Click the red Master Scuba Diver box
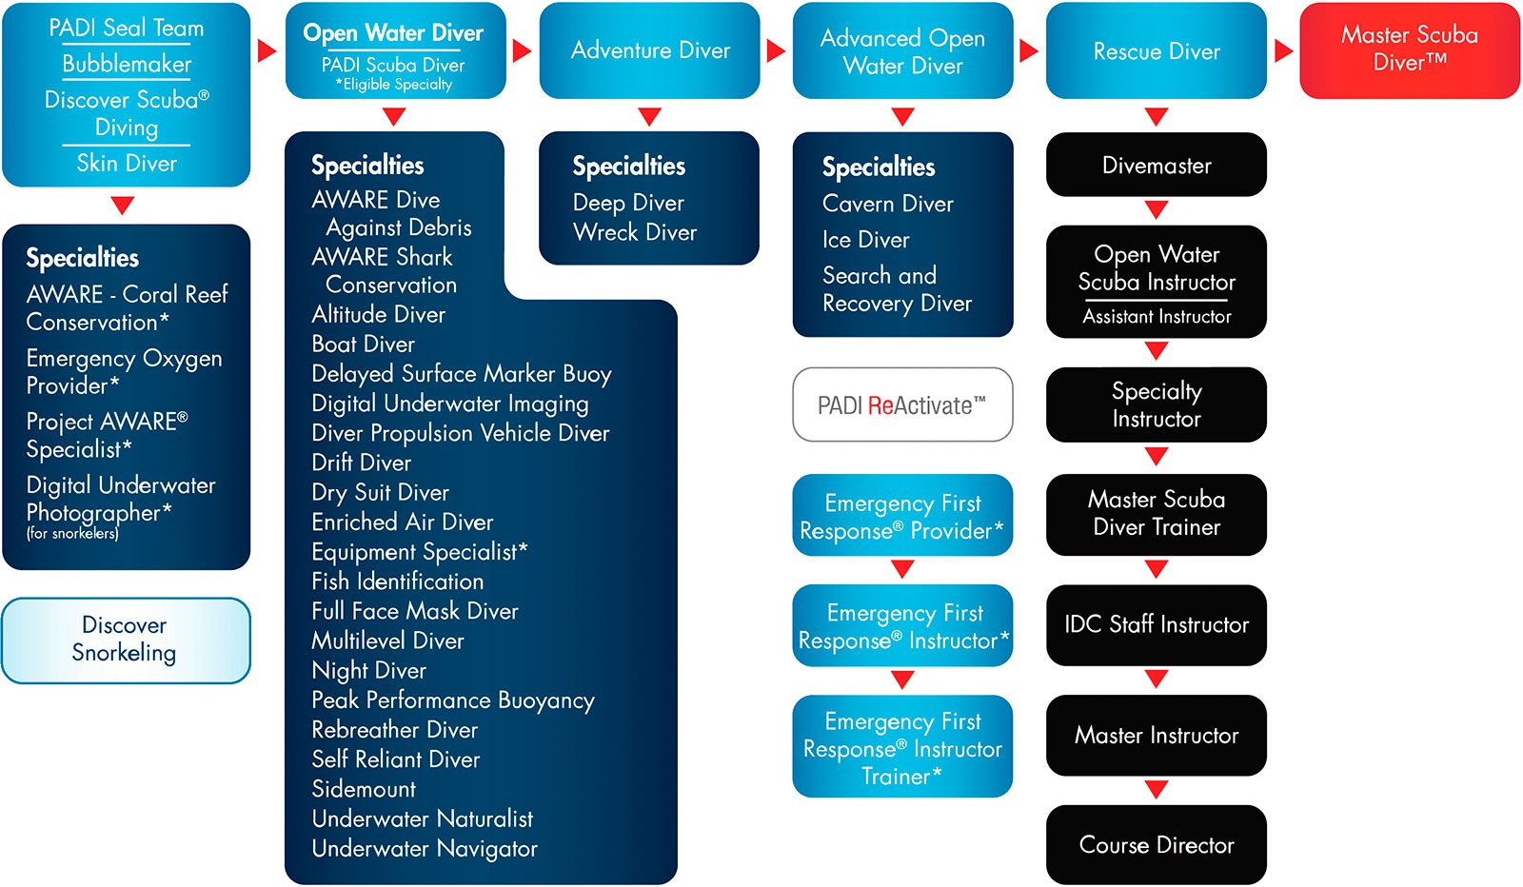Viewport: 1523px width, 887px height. [x=1409, y=49]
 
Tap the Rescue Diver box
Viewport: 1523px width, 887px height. [x=1156, y=51]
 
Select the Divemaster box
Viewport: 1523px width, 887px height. [x=1156, y=166]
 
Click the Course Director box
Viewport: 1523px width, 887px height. [x=1156, y=845]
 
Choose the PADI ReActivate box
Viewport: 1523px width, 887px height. [x=901, y=405]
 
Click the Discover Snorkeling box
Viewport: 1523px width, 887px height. [x=126, y=640]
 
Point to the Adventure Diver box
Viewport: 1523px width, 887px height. [x=649, y=50]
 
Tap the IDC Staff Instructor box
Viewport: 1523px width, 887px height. [x=1156, y=624]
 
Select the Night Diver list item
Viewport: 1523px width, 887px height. [x=369, y=671]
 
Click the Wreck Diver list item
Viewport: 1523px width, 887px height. [x=635, y=232]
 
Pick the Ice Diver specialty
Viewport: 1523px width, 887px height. [x=866, y=240]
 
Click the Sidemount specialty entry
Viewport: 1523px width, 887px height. [x=364, y=789]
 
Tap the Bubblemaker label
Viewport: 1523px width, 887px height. [x=127, y=64]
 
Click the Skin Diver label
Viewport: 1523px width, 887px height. [x=127, y=164]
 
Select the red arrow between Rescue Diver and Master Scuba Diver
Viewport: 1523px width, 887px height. [x=1283, y=50]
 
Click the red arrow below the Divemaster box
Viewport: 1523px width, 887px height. [x=1156, y=209]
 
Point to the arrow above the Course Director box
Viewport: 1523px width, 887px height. [x=1156, y=790]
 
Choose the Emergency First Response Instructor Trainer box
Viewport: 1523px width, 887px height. [x=901, y=748]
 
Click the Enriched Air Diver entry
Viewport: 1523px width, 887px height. [x=403, y=522]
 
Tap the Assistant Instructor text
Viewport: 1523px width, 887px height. [x=1156, y=317]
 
